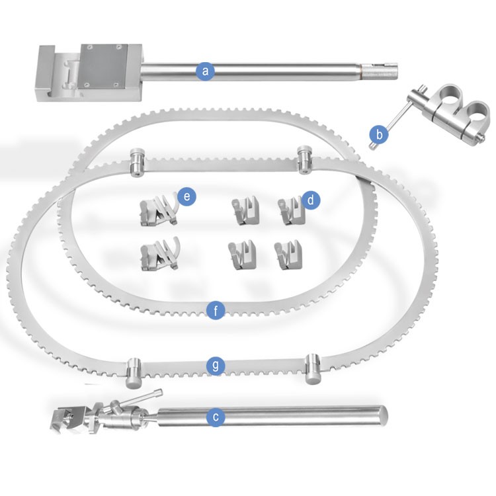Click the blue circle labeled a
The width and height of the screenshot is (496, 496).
tap(205, 71)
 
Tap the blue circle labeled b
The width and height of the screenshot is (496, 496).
tap(379, 135)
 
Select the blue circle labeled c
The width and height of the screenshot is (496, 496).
tap(216, 417)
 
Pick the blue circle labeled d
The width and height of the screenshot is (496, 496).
tap(310, 200)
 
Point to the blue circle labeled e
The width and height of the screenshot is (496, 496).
tap(186, 196)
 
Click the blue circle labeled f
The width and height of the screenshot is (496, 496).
tap(216, 311)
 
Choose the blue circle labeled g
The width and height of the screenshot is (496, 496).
tap(216, 366)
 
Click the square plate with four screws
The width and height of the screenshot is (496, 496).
tap(104, 65)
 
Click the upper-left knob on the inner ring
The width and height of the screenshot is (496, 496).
tap(137, 161)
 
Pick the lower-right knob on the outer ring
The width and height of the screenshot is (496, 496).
tap(313, 369)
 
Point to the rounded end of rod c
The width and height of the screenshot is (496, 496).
tap(382, 415)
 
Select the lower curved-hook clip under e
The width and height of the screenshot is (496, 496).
tap(160, 254)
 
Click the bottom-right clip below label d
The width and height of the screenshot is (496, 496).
tap(288, 255)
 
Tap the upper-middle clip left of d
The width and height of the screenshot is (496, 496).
tap(245, 211)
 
